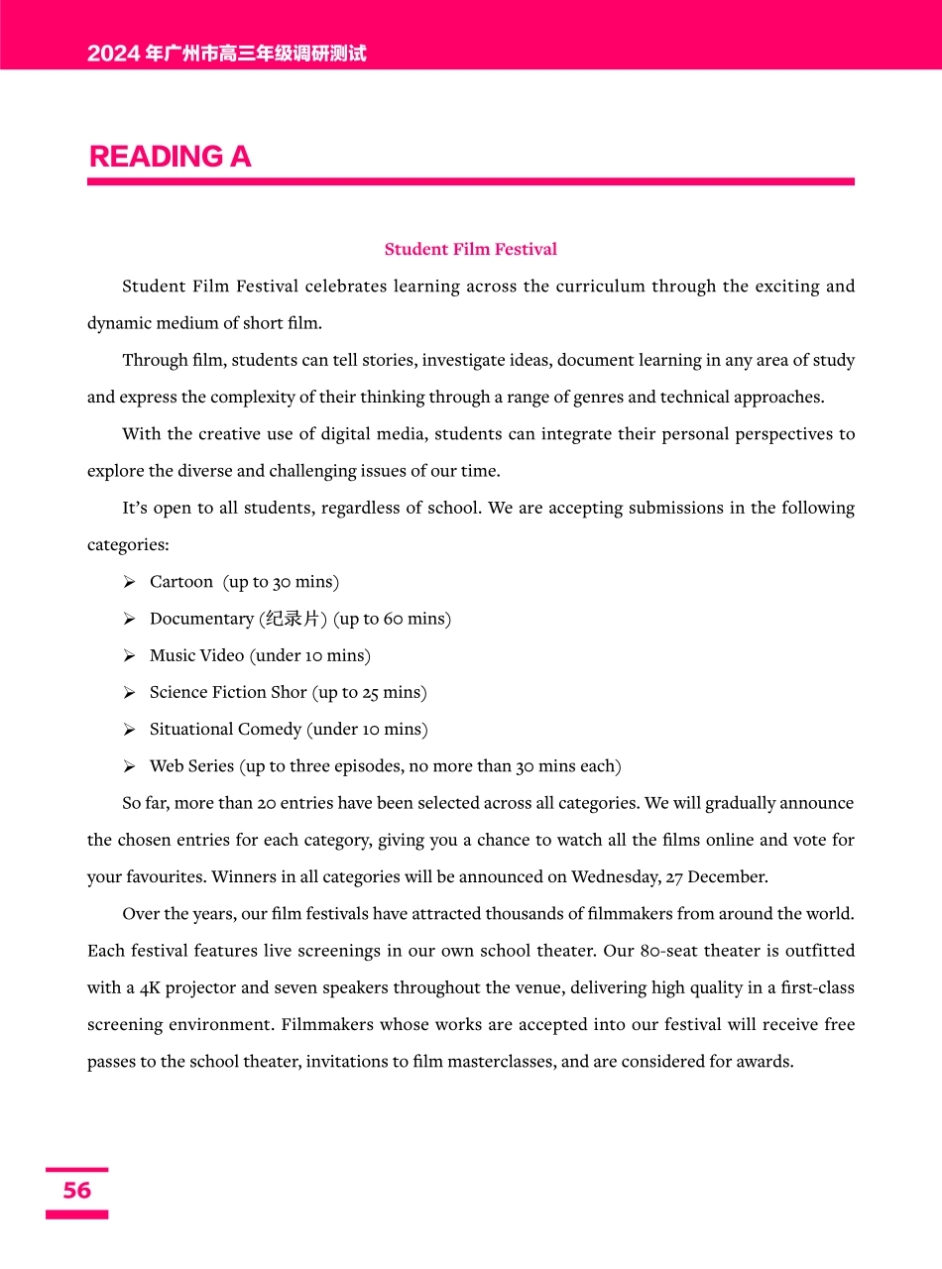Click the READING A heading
coord(170,157)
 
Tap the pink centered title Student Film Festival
coord(470,249)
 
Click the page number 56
coord(76,1191)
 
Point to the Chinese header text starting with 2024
coord(226,54)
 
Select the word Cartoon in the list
coord(181,582)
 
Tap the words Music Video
coord(196,655)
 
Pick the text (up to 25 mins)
coord(370,692)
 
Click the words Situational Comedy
coord(225,730)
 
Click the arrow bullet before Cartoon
coord(129,582)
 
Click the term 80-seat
coord(670,951)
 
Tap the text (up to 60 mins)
coord(393,619)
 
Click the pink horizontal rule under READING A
coord(470,181)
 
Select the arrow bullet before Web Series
coord(129,766)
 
